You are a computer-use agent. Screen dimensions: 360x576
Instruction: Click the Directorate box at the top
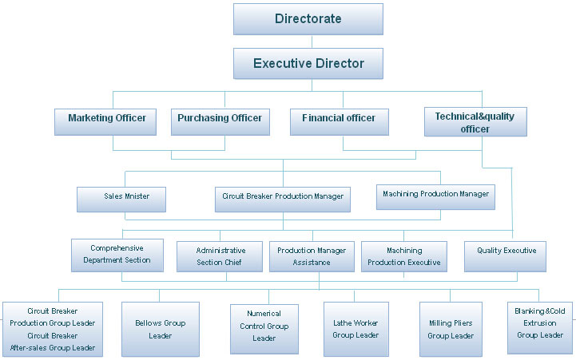point(308,19)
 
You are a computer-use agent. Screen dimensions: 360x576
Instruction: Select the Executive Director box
point(308,64)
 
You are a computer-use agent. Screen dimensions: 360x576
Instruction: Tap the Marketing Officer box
point(107,119)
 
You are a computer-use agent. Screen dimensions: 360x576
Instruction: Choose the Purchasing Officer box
point(220,119)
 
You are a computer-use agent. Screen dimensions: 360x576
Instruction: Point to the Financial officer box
point(339,119)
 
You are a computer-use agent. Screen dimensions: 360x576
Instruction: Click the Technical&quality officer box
point(475,122)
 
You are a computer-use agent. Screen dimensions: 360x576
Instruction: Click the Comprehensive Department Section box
point(117,255)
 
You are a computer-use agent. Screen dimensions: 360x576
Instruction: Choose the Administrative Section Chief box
point(220,256)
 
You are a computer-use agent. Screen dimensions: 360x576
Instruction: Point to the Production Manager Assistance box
point(312,256)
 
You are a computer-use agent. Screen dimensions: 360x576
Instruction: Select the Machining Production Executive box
point(403,256)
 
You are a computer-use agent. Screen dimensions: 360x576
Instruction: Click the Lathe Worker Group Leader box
point(356,328)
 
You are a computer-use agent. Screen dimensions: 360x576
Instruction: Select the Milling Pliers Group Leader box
point(451,329)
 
